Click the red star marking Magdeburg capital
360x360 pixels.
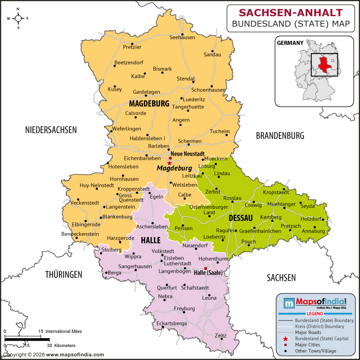click(169, 162)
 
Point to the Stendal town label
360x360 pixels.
click(185, 79)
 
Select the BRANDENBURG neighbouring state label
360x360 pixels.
click(280, 135)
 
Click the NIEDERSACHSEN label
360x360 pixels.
click(51, 130)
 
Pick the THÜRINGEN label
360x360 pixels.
click(63, 274)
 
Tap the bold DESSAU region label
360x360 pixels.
click(240, 218)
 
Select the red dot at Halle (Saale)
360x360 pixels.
click(206, 268)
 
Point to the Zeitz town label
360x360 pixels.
click(220, 336)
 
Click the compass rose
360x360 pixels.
click(18, 18)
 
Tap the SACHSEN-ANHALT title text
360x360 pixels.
click(290, 12)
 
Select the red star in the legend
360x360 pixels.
click(285, 338)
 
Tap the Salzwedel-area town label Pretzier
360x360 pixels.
click(132, 47)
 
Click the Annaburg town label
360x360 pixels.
click(313, 231)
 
